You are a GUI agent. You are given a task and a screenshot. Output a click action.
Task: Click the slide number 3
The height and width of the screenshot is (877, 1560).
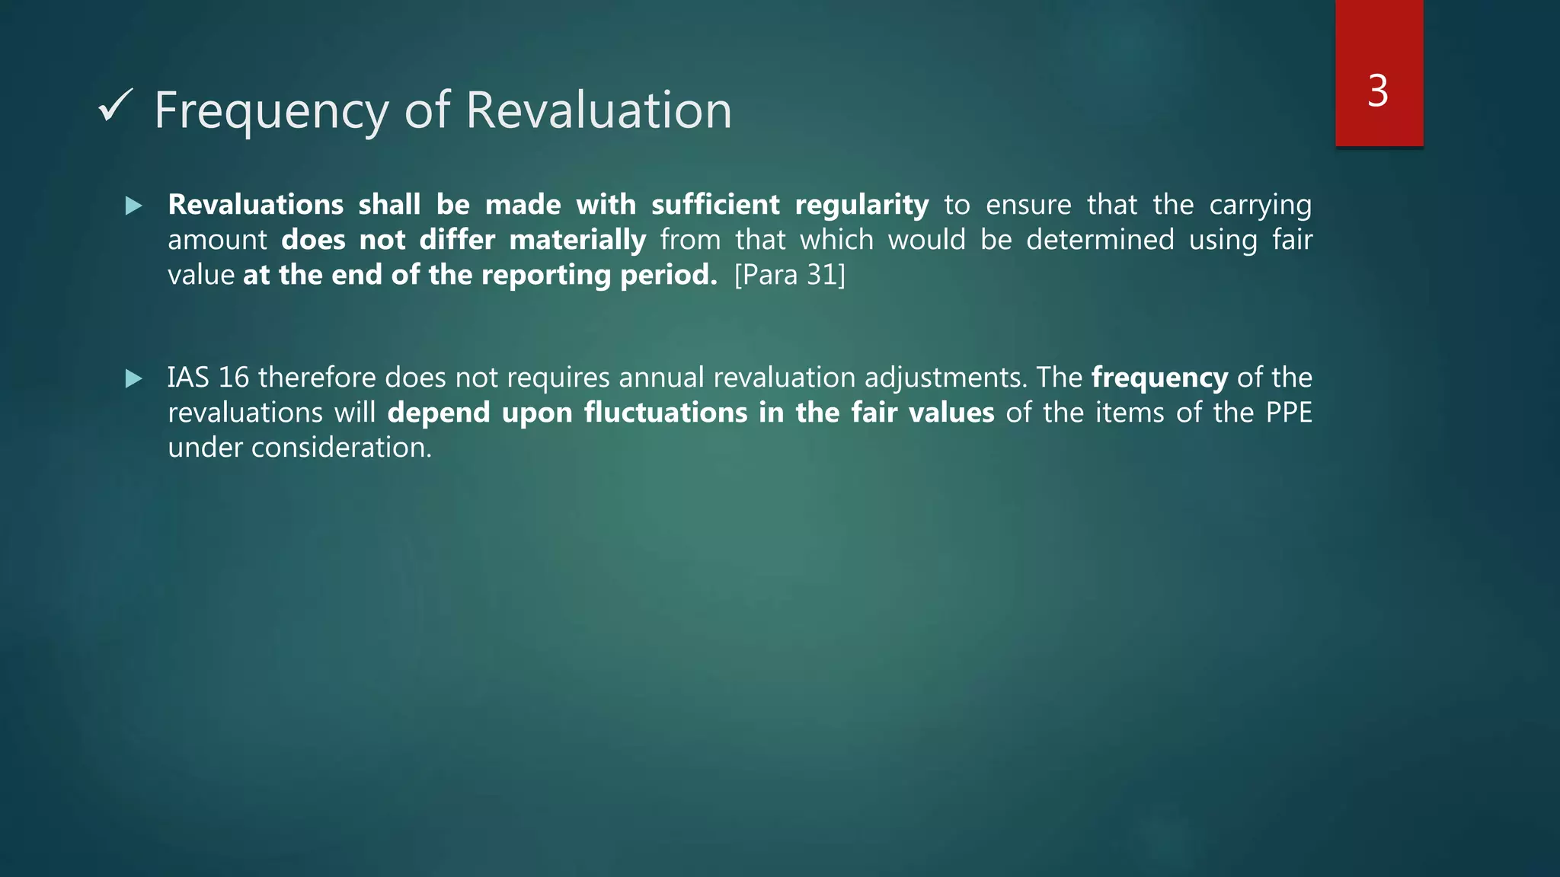(1378, 91)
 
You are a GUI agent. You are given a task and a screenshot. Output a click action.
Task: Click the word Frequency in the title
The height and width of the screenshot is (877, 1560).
(271, 111)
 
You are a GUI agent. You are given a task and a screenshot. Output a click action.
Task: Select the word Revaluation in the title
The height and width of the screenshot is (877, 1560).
(599, 110)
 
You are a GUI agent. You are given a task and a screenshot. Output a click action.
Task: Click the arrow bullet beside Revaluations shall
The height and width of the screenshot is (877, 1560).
(134, 206)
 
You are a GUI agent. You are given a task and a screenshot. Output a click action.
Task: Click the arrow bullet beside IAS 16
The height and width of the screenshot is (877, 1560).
(134, 378)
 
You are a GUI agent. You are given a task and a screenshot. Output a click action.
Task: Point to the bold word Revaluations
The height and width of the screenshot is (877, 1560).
(256, 205)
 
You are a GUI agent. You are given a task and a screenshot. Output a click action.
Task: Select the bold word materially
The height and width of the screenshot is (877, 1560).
(577, 241)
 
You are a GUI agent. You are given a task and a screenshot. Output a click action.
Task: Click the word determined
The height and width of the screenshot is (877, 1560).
(1100, 240)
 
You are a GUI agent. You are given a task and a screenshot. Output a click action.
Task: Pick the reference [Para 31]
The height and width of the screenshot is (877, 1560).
(790, 275)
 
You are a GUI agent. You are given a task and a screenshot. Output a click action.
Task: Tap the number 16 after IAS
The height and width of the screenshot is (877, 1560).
(234, 378)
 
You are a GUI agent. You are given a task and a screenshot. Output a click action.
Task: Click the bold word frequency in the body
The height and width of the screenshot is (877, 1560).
(1159, 378)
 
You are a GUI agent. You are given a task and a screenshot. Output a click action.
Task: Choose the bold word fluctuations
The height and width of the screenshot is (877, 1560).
(666, 413)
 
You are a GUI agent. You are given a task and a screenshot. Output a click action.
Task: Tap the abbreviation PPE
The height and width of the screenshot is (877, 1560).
(1289, 413)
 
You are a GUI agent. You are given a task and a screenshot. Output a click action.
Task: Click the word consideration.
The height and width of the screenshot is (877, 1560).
(341, 448)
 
